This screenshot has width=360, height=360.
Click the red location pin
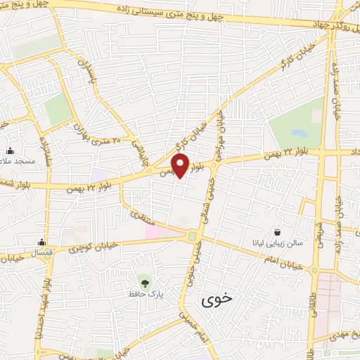pos(181,165)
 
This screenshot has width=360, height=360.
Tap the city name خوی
pos(215,301)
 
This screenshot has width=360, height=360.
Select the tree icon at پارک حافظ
pos(146,283)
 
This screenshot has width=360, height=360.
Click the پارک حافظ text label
pos(146,293)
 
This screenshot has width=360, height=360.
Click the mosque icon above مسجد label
pos(11,150)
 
